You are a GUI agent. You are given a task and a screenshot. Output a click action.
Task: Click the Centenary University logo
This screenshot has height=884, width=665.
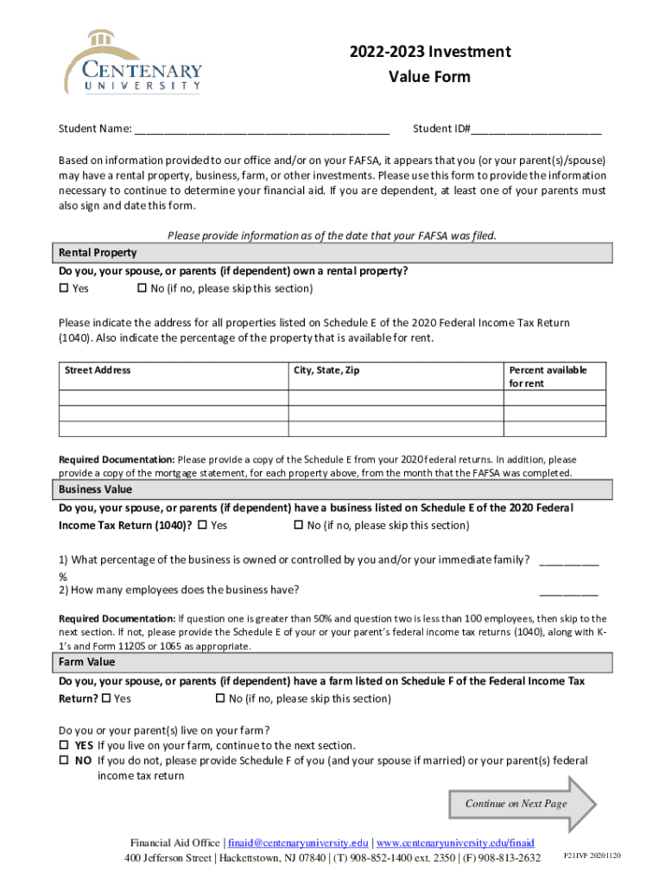point(133,62)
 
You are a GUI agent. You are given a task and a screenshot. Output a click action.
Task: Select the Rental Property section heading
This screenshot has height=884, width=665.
point(98,253)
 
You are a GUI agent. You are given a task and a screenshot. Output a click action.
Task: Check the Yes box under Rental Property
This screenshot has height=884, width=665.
point(63,288)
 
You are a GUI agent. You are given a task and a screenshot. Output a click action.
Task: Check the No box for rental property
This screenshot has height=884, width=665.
point(142,288)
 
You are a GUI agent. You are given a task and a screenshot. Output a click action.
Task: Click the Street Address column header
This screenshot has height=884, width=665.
point(98,370)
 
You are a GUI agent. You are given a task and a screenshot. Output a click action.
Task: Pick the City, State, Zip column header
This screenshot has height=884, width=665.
point(326,370)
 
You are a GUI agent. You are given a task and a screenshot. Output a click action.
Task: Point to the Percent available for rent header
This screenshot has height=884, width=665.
point(548,376)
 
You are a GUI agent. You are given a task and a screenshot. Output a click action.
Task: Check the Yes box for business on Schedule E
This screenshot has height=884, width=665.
point(203,525)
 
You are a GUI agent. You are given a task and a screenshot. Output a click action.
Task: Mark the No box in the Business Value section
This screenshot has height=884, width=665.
point(300,525)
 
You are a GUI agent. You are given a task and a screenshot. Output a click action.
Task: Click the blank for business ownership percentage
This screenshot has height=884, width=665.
point(568,561)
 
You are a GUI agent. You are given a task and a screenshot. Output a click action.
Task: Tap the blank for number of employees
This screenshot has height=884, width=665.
point(568,591)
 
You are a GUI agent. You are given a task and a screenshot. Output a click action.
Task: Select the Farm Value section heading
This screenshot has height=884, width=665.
point(86,662)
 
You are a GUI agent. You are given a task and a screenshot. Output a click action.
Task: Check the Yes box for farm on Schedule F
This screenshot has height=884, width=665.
point(106,698)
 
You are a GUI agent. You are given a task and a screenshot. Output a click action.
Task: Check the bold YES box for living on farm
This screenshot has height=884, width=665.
point(63,745)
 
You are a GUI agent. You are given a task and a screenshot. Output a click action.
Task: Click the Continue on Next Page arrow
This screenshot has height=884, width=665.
point(522,804)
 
